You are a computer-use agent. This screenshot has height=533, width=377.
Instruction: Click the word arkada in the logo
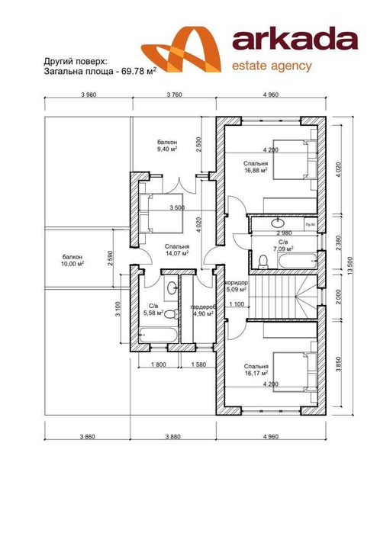point(295,40)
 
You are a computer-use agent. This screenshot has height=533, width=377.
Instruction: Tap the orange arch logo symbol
point(182,50)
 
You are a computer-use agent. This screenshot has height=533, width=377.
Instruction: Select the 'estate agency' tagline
point(272,66)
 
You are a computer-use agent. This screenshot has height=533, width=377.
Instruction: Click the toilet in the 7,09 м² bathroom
point(263,262)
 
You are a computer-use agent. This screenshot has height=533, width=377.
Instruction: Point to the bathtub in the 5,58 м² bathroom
point(158,336)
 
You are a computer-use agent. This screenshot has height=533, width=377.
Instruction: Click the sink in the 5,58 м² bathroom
point(172,288)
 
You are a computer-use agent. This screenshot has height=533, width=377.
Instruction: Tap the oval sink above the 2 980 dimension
point(278,223)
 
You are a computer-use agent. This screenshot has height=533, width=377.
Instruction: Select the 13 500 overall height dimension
point(350,266)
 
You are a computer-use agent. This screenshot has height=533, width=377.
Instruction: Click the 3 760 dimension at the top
point(174,95)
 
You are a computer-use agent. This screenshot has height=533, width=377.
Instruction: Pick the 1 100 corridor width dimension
point(237,304)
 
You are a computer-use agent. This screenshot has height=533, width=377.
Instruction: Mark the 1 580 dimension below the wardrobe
point(198,364)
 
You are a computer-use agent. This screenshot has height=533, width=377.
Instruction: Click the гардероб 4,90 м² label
point(203,310)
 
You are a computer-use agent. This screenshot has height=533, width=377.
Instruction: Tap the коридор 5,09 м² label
point(237,286)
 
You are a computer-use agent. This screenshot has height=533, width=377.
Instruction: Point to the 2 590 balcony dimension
point(109,258)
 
